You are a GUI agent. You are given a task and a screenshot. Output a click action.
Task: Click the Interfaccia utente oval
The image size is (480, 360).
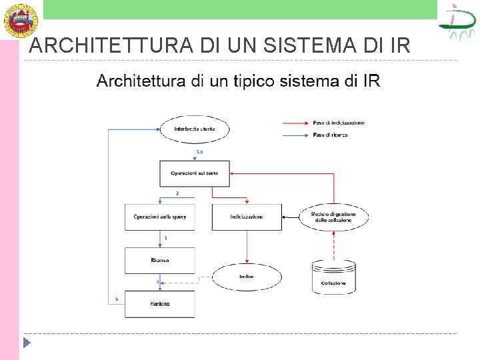[x=194, y=129]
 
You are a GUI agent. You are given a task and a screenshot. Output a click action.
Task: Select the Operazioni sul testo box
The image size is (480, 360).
[x=195, y=173]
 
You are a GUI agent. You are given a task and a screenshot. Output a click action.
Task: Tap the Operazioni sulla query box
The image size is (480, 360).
[x=160, y=217]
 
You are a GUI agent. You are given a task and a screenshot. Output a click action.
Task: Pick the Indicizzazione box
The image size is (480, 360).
[x=247, y=217]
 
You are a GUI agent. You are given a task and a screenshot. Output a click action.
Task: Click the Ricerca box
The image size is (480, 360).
[x=160, y=260]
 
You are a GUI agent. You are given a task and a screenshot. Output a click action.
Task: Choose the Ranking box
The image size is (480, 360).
[x=160, y=303]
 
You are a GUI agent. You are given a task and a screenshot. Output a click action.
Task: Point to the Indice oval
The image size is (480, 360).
[x=246, y=277]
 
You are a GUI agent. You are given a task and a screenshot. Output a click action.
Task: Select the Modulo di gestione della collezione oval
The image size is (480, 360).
[x=333, y=217]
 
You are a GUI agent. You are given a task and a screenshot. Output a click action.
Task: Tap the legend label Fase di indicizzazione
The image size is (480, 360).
[x=339, y=123]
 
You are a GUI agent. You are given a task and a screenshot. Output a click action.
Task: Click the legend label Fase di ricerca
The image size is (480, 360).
[x=330, y=135]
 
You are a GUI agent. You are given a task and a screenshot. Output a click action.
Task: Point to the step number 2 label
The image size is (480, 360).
[x=177, y=193]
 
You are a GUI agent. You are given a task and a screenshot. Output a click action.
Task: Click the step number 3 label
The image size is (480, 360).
[x=165, y=237]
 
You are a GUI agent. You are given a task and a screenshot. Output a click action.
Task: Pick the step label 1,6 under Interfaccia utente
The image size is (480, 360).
[x=199, y=153]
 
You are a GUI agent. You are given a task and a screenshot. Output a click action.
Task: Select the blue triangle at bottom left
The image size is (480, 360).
[x=27, y=344]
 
